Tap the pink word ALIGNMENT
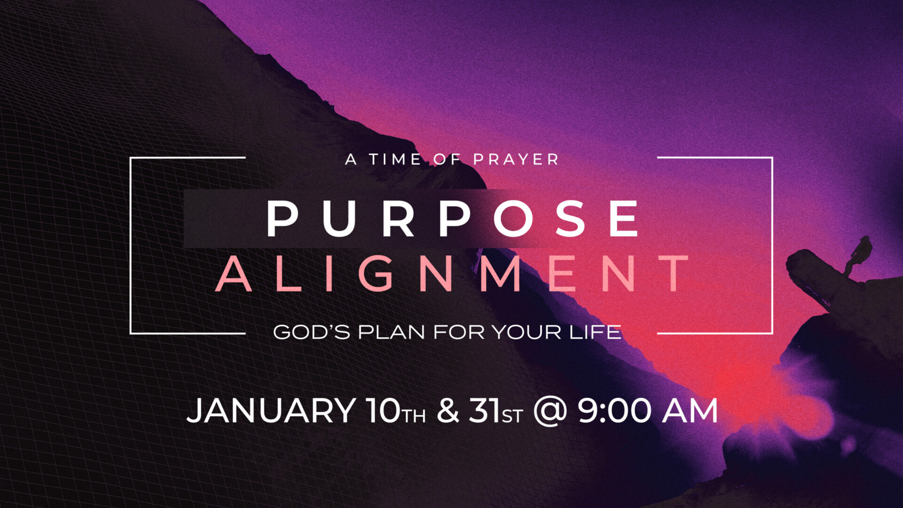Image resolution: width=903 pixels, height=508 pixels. click(x=451, y=274)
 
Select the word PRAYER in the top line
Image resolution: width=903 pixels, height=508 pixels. click(x=516, y=159)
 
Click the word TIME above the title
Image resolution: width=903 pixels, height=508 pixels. click(x=395, y=159)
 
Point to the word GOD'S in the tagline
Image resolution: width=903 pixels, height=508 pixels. click(x=311, y=332)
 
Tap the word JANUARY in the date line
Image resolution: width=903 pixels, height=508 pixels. click(x=271, y=411)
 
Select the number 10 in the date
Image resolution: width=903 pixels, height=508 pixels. click(x=383, y=411)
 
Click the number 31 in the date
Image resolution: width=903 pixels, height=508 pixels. click(x=484, y=411)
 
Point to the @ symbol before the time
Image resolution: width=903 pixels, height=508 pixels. click(x=550, y=412)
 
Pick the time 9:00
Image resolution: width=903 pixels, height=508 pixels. click(x=614, y=411)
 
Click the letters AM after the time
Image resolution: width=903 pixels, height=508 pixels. click(x=690, y=411)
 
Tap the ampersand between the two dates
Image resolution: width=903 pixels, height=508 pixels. click(x=448, y=411)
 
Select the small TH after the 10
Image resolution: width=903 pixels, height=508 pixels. click(x=414, y=416)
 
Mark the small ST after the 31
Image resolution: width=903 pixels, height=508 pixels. click(x=512, y=416)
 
